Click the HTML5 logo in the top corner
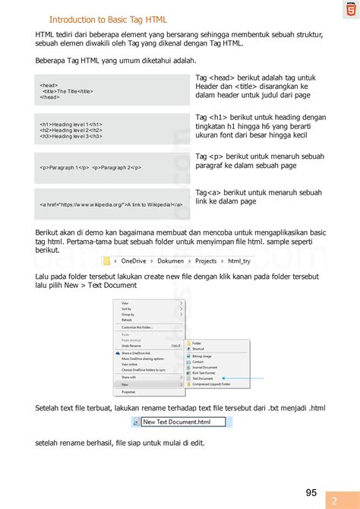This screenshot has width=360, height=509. [349, 9]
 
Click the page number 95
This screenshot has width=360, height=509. [311, 471]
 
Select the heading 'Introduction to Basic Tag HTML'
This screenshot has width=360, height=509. [108, 20]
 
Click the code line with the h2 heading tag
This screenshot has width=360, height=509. [71, 130]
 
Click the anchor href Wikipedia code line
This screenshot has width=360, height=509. [112, 204]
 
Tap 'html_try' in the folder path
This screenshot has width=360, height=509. [244, 260]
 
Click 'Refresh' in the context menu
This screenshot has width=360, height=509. [127, 320]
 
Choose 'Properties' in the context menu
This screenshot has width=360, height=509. [128, 392]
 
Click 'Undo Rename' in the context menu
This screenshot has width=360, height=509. [132, 345]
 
